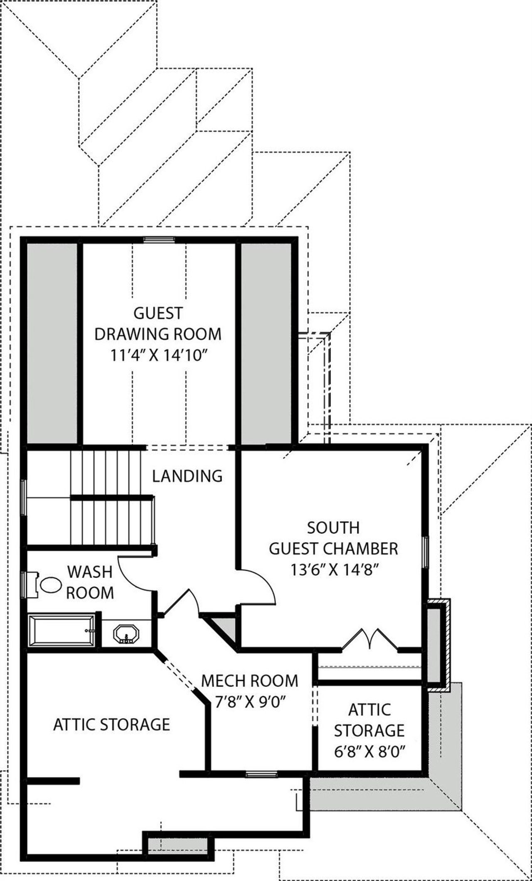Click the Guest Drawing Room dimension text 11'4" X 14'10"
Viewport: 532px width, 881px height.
(x=158, y=356)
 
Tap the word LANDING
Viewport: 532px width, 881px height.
(x=187, y=476)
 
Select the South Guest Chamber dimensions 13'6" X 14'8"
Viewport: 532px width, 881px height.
(x=333, y=570)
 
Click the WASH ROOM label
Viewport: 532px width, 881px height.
(x=90, y=582)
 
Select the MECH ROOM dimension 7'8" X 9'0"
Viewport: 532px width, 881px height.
(x=249, y=702)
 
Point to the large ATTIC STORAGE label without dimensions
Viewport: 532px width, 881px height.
(x=111, y=725)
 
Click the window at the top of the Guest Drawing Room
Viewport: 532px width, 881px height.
(x=159, y=239)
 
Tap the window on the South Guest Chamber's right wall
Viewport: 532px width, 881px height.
(x=425, y=552)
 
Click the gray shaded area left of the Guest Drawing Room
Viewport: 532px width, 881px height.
(x=52, y=343)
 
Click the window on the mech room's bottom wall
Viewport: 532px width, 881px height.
(x=261, y=774)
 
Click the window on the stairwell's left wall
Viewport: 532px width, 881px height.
(x=24, y=498)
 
